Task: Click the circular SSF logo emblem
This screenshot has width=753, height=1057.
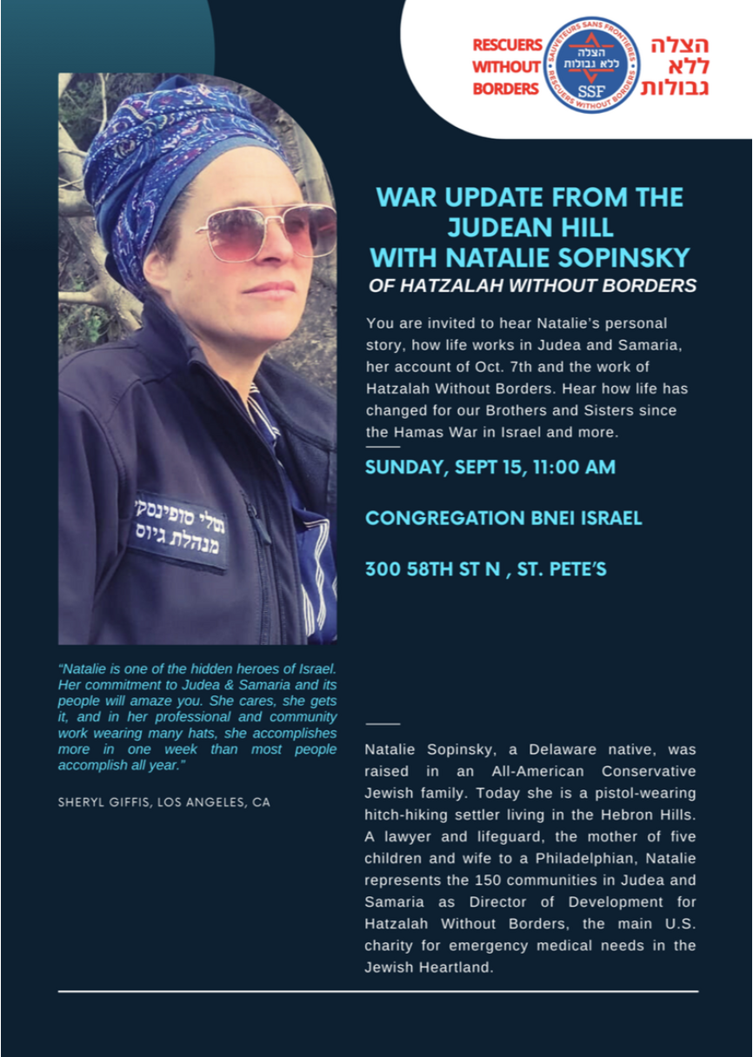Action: tap(592, 66)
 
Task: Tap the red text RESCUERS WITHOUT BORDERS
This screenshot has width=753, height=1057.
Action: tap(507, 67)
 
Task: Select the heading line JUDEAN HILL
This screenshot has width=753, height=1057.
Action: tap(530, 228)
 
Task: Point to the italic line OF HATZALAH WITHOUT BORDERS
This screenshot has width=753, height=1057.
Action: tap(532, 284)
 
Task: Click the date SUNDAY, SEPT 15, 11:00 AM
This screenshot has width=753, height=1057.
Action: tap(490, 467)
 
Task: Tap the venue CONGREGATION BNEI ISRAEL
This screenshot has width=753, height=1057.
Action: tap(503, 518)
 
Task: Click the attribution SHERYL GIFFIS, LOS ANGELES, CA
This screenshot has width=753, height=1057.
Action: tap(163, 802)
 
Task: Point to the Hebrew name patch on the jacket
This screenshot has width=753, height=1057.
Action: tap(181, 531)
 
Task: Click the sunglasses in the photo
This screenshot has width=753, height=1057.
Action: tap(266, 230)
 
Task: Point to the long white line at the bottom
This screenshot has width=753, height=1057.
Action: tap(378, 991)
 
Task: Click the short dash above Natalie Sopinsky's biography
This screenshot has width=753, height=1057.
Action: tap(383, 723)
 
